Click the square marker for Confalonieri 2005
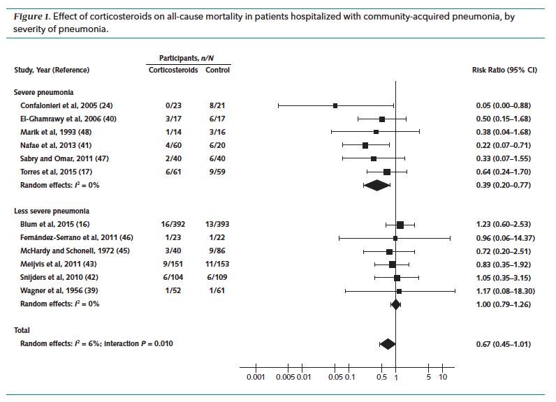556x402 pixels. [335, 105]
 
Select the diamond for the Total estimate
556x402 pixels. [387, 343]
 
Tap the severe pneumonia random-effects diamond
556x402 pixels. [376, 185]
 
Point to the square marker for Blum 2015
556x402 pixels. [400, 224]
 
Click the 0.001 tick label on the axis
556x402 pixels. [256, 378]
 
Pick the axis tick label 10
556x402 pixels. [443, 378]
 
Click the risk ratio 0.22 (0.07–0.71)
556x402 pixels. [502, 145]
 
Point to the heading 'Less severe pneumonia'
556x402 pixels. [51, 211]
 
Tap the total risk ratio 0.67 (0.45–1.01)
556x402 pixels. [502, 343]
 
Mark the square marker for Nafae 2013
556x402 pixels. [365, 145]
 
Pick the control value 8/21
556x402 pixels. [217, 105]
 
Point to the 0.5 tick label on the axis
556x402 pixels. [382, 378]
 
